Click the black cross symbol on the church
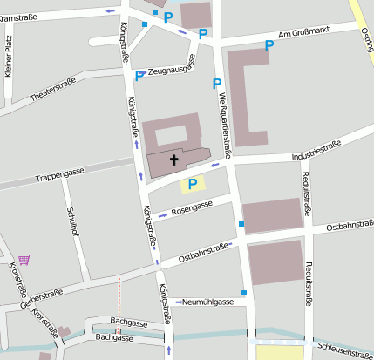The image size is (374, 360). click(173, 160)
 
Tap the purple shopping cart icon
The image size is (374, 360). click(24, 260)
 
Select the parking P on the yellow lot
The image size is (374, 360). click(192, 184)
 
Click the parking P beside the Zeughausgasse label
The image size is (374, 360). click(139, 76)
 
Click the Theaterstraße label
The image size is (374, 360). click(52, 88)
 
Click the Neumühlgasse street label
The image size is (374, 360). click(208, 302)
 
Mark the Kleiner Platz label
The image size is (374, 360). click(8, 58)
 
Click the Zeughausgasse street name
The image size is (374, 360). click(170, 71)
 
